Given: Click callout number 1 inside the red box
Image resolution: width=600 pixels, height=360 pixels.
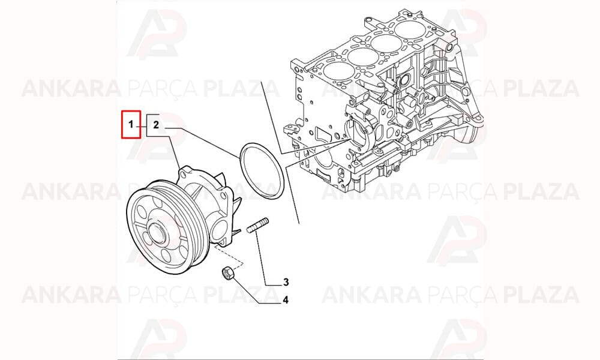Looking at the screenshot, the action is (130, 124).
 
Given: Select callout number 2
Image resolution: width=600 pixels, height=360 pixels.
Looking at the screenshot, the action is (156, 124).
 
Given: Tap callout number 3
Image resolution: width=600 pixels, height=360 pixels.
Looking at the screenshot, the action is (286, 283).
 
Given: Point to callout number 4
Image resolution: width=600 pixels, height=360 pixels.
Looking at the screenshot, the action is (286, 301).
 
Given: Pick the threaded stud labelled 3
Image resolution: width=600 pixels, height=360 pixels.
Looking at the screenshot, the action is (257, 225).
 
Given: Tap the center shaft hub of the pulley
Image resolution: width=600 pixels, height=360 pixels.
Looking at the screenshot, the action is (156, 233).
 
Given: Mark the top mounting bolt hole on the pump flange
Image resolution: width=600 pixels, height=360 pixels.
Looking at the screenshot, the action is (183, 175).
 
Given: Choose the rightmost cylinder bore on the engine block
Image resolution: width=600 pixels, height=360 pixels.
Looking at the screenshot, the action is (411, 29).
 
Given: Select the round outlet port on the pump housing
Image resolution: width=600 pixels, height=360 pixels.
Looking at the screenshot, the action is (220, 230).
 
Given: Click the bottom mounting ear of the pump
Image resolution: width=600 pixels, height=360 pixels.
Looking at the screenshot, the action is (222, 242).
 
